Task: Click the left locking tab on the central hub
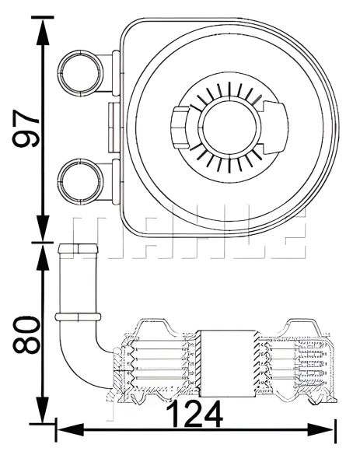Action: (x=177, y=125)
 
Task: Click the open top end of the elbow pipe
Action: (x=77, y=248)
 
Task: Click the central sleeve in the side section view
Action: (x=225, y=361)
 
